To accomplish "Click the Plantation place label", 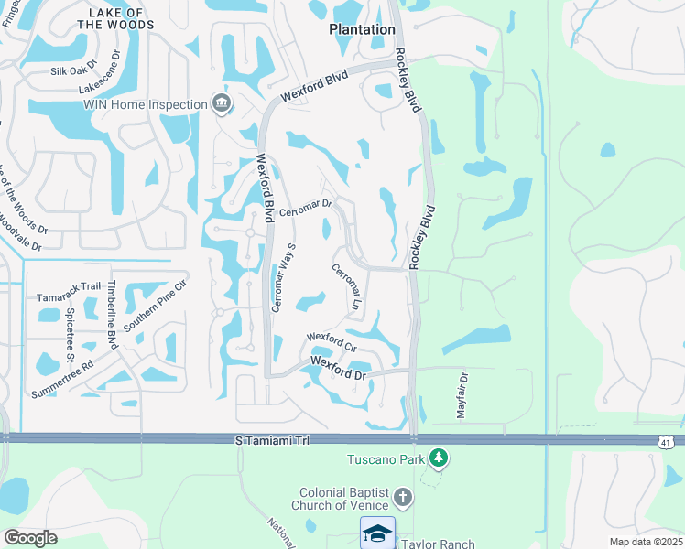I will (362, 29).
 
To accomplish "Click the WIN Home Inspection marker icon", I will (221, 104).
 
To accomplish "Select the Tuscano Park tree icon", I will (440, 457).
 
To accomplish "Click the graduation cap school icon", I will (378, 533).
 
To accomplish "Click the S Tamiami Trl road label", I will (272, 441).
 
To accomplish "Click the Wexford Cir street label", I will (331, 342).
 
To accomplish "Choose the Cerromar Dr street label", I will (304, 208).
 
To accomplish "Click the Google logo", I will (31, 537).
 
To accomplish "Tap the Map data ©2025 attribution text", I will (646, 542).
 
